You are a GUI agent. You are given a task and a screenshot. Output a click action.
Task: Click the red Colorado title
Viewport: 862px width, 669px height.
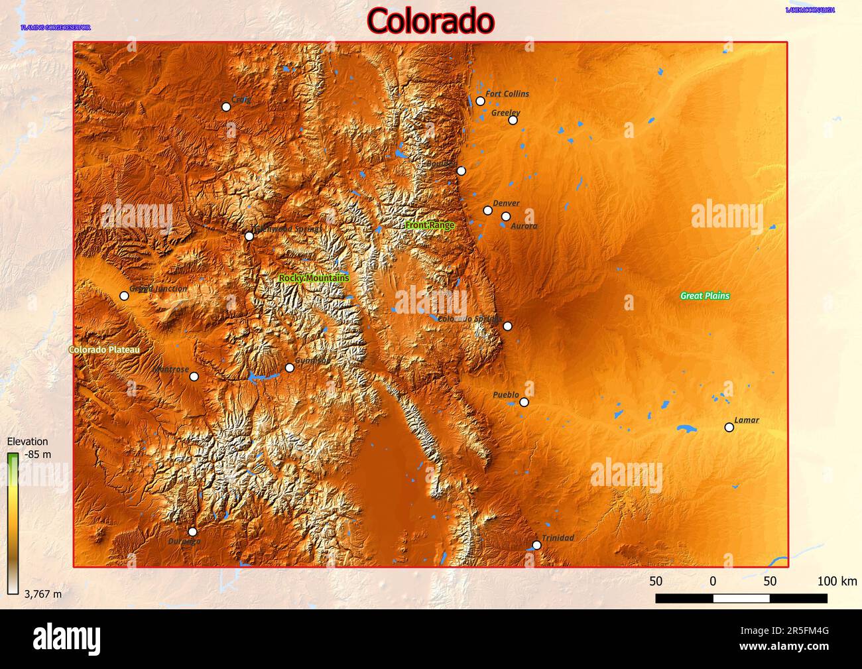pyautogui.click(x=430, y=21)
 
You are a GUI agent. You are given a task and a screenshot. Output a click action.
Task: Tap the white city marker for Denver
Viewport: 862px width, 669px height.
pyautogui.click(x=488, y=210)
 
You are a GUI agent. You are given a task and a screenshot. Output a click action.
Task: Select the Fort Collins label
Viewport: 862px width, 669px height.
pyautogui.click(x=507, y=94)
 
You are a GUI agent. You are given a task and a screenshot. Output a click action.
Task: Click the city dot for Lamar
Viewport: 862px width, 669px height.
pyautogui.click(x=729, y=428)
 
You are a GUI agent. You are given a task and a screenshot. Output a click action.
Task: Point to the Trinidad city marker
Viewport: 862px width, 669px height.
pyautogui.click(x=536, y=545)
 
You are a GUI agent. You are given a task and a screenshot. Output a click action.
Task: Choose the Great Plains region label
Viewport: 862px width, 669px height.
pyautogui.click(x=705, y=296)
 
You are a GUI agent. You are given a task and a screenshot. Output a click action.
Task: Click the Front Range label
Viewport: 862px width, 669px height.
pyautogui.click(x=430, y=225)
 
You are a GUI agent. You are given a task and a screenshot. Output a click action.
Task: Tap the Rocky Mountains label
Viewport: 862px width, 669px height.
pyautogui.click(x=314, y=278)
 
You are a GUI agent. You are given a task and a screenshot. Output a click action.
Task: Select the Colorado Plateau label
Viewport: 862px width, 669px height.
pyautogui.click(x=104, y=349)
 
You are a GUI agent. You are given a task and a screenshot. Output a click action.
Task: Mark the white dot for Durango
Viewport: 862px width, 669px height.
pyautogui.click(x=192, y=532)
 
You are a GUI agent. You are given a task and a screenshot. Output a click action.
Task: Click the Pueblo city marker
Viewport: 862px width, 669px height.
pyautogui.click(x=524, y=402)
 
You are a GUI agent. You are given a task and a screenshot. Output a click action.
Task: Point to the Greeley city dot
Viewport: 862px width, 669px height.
pyautogui.click(x=513, y=120)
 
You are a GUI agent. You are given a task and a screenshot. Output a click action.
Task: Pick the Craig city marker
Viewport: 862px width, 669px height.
pyautogui.click(x=226, y=107)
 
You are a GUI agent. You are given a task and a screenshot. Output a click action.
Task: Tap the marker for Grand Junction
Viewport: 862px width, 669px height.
pyautogui.click(x=124, y=296)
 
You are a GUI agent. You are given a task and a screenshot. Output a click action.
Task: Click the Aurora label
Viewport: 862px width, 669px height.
pyautogui.click(x=524, y=226)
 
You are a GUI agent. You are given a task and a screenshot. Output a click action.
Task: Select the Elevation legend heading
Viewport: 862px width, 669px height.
pyautogui.click(x=27, y=442)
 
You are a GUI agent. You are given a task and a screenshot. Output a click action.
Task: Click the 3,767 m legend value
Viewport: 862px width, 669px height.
pyautogui.click(x=42, y=594)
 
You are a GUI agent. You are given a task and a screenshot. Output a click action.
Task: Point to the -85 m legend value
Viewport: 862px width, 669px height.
pyautogui.click(x=37, y=455)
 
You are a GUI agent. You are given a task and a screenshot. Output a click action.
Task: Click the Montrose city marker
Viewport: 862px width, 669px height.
pyautogui.click(x=194, y=377)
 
